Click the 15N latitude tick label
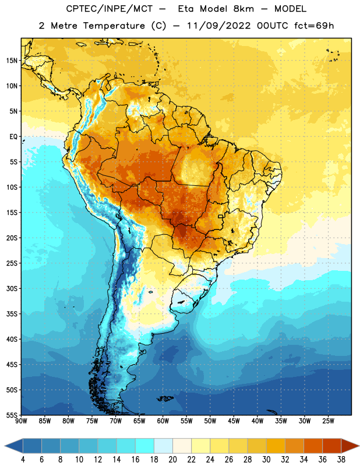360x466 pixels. pos(12,61)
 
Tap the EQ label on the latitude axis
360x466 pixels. pos(13,137)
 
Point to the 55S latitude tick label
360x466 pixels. pos(12,415)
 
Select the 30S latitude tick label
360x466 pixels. pos(12,288)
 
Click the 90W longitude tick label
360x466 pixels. pos(21,421)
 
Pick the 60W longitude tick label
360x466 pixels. pos(163,421)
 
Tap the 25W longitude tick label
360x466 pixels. pos(328,421)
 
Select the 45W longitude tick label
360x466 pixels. pos(234,421)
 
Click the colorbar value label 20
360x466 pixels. pos(172,460)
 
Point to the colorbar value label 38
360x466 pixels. pos(341,460)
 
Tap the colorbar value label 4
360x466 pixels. pos(23,460)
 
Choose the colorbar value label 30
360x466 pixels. pos(266,460)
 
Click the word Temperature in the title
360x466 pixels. pos(114,26)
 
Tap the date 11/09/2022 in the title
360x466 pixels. pos(219,26)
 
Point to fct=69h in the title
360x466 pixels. pos(314,26)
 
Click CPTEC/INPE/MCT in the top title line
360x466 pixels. pos(109,9)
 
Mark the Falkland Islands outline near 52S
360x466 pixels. pos(165,398)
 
